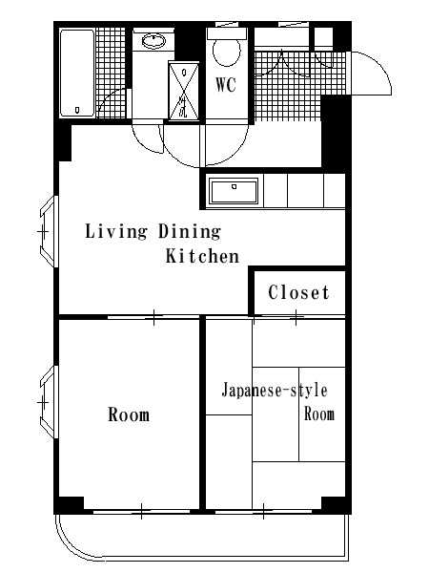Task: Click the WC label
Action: coord(226,85)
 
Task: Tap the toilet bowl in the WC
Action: coord(227,52)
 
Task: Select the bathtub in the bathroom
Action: coord(78,74)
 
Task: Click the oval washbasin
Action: coord(153,41)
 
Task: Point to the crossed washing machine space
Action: coord(184,91)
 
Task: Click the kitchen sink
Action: coord(234,191)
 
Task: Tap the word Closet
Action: coord(298,292)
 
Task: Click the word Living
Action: coord(116,232)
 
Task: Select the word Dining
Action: coord(190,232)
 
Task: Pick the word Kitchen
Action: coord(202,256)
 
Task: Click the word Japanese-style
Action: coord(275,391)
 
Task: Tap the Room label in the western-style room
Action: coord(129,414)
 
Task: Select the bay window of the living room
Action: coord(49,232)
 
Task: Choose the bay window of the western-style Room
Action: coord(49,402)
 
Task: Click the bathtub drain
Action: coord(77,110)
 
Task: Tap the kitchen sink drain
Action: coord(234,187)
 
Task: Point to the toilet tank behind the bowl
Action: coord(227,33)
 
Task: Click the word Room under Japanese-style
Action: coord(319,414)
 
